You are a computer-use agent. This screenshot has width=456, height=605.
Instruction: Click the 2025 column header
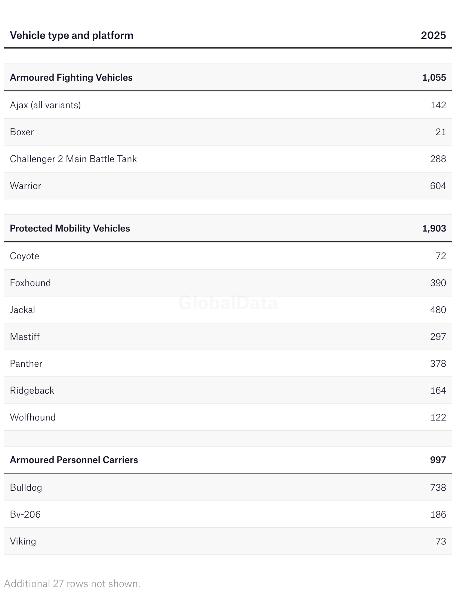pos(433,35)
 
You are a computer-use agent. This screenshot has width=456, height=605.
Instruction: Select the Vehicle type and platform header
pos(72,35)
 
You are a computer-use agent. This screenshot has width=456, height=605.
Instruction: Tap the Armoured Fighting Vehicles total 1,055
pos(434,78)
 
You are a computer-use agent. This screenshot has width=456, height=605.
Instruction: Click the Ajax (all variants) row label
pos(45,105)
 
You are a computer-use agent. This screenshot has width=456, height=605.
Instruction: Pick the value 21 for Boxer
pos(441,132)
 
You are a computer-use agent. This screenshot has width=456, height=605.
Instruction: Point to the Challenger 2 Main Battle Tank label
pos(73,159)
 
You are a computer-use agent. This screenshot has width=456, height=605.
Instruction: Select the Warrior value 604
pos(438,186)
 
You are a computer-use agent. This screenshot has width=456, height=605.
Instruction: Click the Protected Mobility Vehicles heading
pos(70,229)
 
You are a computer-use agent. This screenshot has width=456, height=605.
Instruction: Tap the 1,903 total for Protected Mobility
pos(434,229)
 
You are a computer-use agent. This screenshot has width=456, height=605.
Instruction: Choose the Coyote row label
pos(25,256)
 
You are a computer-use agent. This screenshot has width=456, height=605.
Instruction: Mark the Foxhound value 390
pos(438,283)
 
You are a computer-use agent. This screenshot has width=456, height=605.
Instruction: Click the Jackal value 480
pos(438,310)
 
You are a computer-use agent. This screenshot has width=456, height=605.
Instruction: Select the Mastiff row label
pos(25,337)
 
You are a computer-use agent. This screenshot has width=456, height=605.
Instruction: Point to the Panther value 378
pos(438,364)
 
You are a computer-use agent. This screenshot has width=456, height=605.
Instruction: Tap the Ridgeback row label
pos(32,391)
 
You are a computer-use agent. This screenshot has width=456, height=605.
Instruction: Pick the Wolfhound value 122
pos(438,418)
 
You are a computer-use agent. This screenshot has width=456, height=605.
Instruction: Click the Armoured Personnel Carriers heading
pos(74,460)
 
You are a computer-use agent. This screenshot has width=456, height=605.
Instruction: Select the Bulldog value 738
pos(438,488)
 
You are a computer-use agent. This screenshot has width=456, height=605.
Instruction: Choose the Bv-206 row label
pos(25,515)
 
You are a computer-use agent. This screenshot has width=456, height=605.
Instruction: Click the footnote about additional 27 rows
pos(72,584)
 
